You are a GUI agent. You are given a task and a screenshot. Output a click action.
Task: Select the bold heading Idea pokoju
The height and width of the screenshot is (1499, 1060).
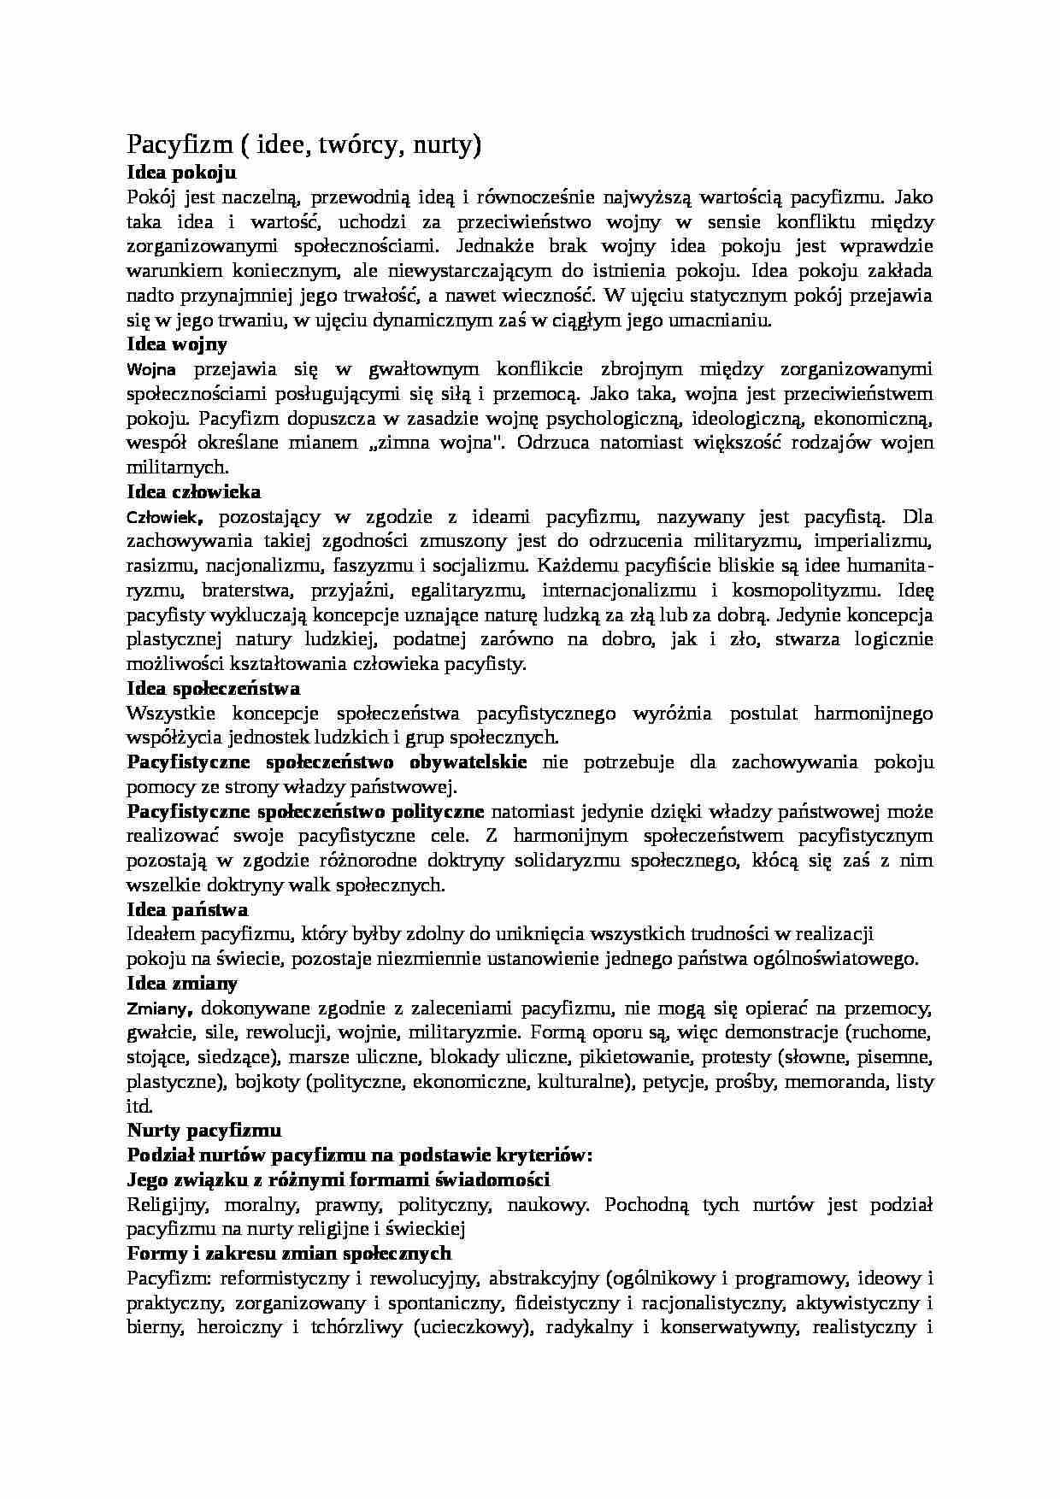point(180,173)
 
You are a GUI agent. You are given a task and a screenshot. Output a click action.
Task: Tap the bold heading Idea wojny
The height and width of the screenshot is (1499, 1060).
point(177,345)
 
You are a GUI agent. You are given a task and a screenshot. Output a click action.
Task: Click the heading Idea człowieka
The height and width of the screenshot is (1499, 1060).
point(194,492)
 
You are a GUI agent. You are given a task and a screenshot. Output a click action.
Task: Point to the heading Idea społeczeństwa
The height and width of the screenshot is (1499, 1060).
point(213,689)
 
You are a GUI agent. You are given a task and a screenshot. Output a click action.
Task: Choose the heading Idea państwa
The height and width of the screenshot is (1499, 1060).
point(187,910)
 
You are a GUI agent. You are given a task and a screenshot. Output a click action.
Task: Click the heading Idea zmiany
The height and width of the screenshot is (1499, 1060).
point(182,984)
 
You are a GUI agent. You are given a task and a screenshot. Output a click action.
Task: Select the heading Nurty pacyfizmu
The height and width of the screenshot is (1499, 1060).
point(204,1131)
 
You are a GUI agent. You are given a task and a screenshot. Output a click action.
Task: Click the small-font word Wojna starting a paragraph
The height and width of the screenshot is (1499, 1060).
point(151,370)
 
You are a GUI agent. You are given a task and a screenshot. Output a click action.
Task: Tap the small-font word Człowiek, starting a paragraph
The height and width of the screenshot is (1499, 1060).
point(165,518)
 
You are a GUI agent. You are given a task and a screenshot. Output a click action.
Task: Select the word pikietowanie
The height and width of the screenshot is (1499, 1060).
point(638,1058)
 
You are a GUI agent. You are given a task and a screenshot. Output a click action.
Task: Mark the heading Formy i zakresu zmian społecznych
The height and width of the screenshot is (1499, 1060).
point(289,1254)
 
